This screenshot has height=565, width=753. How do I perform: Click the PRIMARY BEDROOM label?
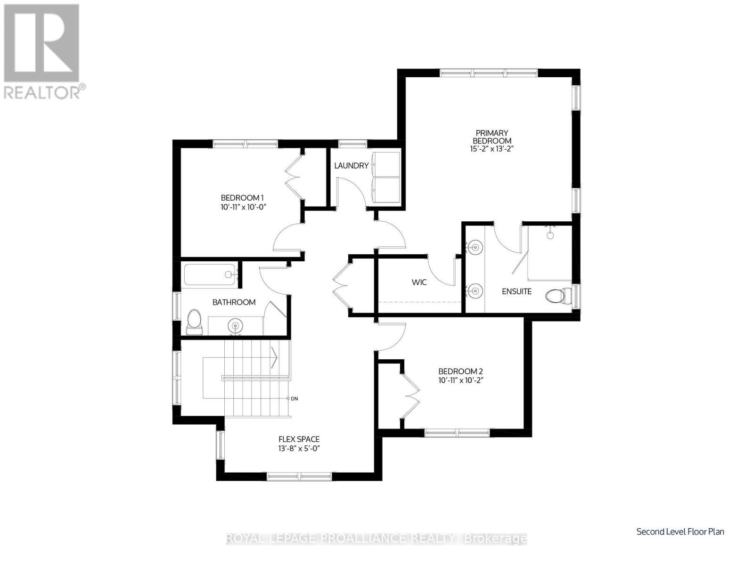tap(492, 137)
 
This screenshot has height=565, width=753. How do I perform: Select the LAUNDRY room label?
tap(351, 166)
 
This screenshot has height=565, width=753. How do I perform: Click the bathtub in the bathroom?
tap(210, 274)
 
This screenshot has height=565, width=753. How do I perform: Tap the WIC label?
tap(419, 282)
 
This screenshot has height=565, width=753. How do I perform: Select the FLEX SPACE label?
tap(299, 439)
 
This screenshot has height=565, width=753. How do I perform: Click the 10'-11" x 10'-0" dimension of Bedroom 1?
tap(240, 207)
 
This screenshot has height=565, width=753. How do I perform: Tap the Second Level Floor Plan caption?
tap(680, 532)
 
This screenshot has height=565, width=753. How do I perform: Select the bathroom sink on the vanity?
tap(235, 325)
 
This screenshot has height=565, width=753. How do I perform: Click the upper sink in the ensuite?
tap(475, 246)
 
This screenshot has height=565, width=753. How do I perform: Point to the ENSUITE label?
tap(516, 291)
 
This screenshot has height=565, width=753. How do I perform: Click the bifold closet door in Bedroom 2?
tap(410, 391)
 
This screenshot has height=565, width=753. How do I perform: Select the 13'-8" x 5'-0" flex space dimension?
tap(299, 449)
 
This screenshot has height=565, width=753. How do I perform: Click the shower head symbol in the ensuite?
tap(550, 234)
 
